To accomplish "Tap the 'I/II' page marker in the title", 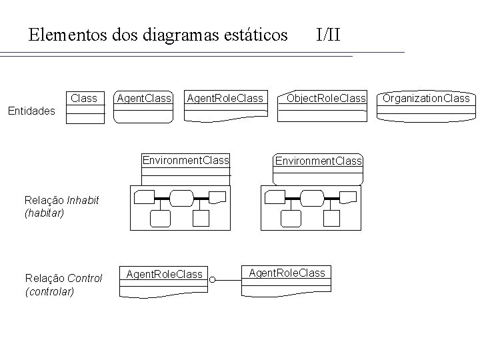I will (328, 34).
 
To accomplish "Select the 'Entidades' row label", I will (31, 111).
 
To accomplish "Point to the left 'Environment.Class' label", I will (186, 161).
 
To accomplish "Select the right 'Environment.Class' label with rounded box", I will (319, 161).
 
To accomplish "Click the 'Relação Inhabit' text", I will (61, 199).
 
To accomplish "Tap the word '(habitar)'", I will (44, 213).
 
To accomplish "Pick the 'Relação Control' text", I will (63, 278).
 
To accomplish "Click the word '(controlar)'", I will (49, 291).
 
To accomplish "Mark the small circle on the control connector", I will (212, 281).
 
